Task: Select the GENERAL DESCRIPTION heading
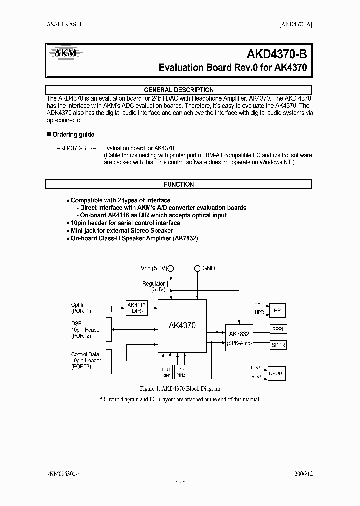tap(179, 90)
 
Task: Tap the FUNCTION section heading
tap(179, 184)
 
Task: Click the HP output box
tap(277, 310)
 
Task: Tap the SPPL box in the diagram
tap(278, 329)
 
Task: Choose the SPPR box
tap(278, 344)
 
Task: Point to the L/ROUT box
tap(276, 373)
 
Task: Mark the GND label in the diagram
tap(208, 268)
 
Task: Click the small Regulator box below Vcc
tap(171, 284)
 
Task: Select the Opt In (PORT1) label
tap(81, 308)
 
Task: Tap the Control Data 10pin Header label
tap(86, 360)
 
